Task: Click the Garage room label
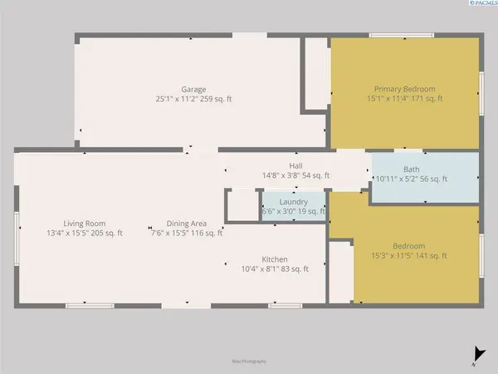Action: point(193,89)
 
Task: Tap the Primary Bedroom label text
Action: point(404,89)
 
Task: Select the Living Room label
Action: point(84,223)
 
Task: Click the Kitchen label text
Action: point(275,258)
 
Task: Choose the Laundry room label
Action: point(294,202)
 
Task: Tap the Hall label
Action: point(295,165)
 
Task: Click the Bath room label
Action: point(412,169)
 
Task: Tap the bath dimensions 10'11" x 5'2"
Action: point(398,179)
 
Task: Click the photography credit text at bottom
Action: point(249,362)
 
